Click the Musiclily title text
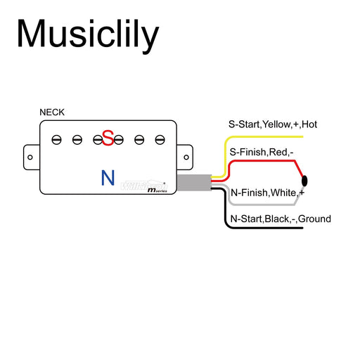click(x=88, y=34)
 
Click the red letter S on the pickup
click(x=108, y=139)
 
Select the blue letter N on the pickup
click(x=108, y=177)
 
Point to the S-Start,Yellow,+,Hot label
click(x=273, y=124)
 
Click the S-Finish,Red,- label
click(x=262, y=152)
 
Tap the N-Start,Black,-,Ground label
click(x=281, y=219)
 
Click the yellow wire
click(x=267, y=136)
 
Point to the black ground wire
click(x=267, y=229)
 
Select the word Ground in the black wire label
click(x=314, y=219)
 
